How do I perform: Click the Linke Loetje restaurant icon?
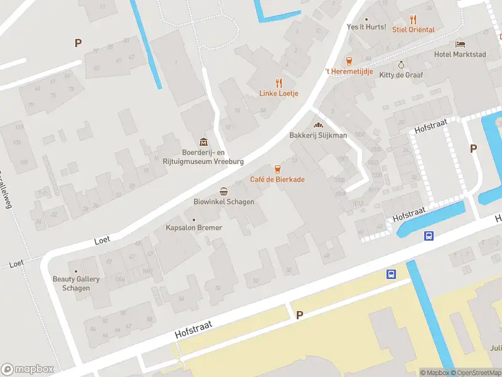[x=279, y=83]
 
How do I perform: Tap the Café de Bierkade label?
[x=277, y=180]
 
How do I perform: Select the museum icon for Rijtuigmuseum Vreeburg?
[x=203, y=141]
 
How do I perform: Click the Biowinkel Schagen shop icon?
[x=223, y=191]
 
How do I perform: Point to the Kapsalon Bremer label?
[x=193, y=227]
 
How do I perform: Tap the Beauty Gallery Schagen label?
[x=72, y=283]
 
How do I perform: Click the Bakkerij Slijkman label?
[x=318, y=135]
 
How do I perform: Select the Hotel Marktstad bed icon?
[x=461, y=44]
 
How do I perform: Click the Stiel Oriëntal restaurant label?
[x=413, y=30]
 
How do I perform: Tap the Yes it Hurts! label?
[x=366, y=27]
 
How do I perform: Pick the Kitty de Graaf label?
[x=401, y=75]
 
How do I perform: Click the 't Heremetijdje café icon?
[x=350, y=61]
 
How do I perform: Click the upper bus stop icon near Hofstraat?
[x=429, y=236]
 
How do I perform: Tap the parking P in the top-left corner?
[x=78, y=43]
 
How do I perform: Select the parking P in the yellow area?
[x=299, y=315]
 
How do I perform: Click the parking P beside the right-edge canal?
[x=473, y=148]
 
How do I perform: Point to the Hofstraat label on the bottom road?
[x=193, y=330]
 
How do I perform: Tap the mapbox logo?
[x=28, y=369]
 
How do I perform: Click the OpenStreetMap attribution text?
[x=476, y=373]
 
